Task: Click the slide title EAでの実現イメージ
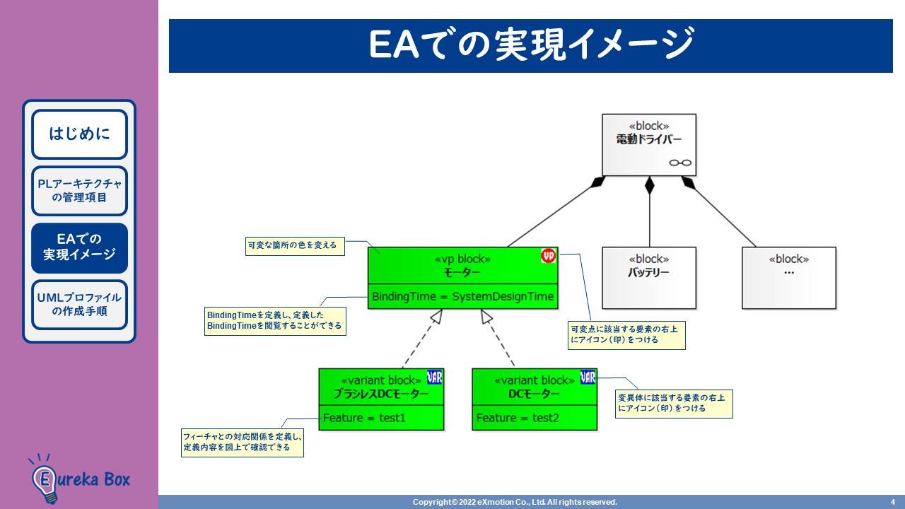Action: (530, 45)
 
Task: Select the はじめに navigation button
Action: (79, 134)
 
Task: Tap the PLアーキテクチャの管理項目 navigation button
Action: (79, 191)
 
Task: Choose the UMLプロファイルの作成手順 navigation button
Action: (79, 305)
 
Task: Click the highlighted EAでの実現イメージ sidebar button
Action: (79, 247)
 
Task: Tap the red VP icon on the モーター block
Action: (549, 256)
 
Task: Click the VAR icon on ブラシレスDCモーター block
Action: (435, 377)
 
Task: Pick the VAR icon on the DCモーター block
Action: (588, 377)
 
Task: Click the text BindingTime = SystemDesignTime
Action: (462, 297)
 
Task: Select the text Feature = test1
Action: (365, 418)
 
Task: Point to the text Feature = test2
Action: (518, 418)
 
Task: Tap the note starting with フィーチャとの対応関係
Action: (243, 442)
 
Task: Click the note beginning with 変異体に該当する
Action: (673, 403)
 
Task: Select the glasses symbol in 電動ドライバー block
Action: (680, 163)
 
